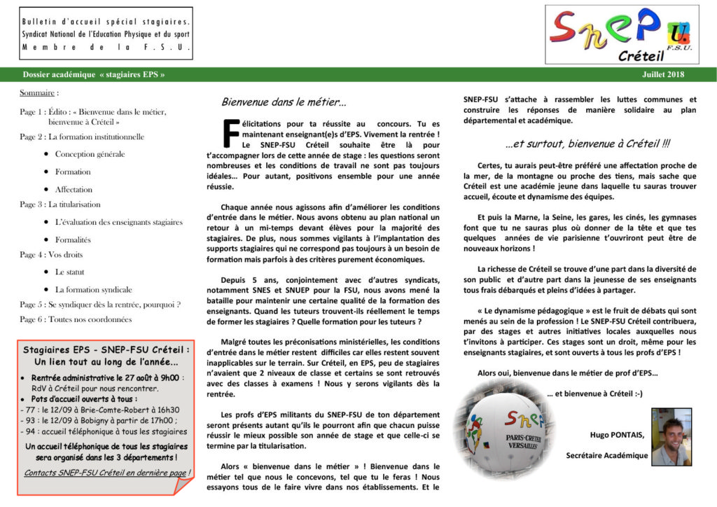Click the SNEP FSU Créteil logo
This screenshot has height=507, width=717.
[x=622, y=34]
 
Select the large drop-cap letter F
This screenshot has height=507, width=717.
[x=230, y=131]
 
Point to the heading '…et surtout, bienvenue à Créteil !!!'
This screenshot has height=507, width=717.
[x=587, y=144]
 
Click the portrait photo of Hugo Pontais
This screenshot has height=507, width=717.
[x=671, y=437]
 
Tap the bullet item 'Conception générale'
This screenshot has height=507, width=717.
[x=90, y=154]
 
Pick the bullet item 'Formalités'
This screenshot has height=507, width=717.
[x=73, y=239]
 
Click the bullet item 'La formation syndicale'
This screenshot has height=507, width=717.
[x=93, y=289]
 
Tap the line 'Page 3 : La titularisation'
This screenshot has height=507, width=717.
[x=60, y=204]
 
